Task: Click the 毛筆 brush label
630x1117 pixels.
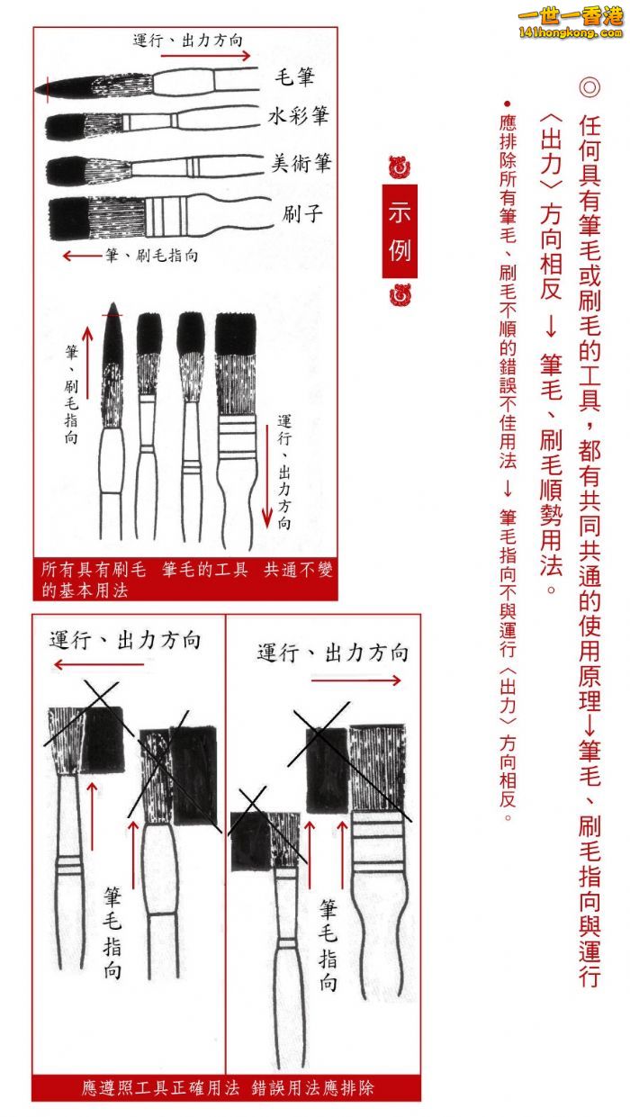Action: [295, 77]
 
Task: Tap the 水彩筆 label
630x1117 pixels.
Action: [298, 116]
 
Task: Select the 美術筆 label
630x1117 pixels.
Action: [301, 163]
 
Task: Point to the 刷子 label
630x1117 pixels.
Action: [302, 214]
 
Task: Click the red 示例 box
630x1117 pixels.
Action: [400, 231]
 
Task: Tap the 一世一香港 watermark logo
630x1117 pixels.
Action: [571, 23]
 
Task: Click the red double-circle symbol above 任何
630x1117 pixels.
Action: [589, 87]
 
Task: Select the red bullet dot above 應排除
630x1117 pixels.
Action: [508, 104]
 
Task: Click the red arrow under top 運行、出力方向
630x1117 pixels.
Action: [205, 55]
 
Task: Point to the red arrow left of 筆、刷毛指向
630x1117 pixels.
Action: [83, 257]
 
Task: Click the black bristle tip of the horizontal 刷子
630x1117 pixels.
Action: [69, 218]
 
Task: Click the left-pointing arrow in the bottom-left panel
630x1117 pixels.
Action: [98, 664]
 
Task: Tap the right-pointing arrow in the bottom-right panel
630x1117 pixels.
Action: [355, 680]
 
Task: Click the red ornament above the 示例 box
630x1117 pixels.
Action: [400, 167]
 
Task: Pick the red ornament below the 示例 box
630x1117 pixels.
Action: [400, 294]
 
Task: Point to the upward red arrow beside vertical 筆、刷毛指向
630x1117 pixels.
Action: [88, 363]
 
